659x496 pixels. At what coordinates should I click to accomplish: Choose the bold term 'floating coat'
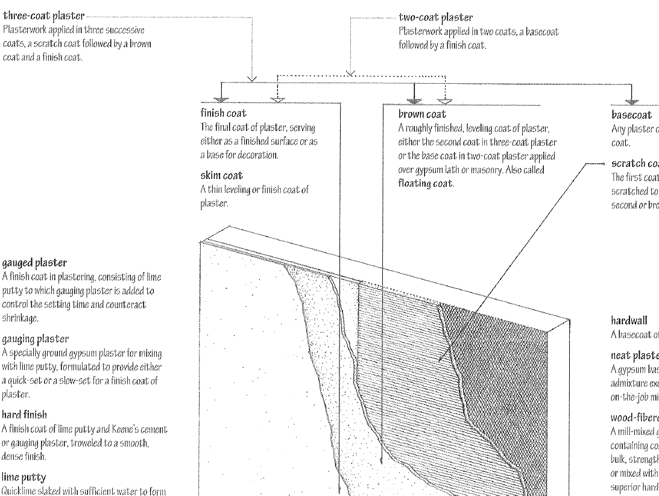point(426,183)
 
